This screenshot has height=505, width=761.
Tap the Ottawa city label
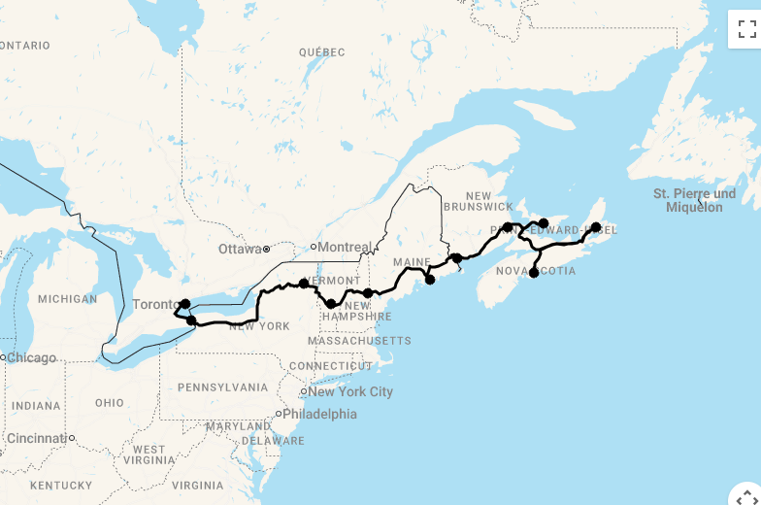pyautogui.click(x=239, y=249)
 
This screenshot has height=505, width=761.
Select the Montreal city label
pyautogui.click(x=345, y=247)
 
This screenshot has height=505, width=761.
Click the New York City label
pyautogui.click(x=350, y=391)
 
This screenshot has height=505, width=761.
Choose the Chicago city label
pyautogui.click(x=32, y=357)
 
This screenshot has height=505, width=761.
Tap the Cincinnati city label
pyautogui.click(x=37, y=438)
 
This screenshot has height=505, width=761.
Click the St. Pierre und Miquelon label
pyautogui.click(x=694, y=200)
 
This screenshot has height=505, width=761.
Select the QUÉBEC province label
pyautogui.click(x=322, y=51)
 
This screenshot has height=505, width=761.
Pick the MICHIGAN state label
pyautogui.click(x=67, y=299)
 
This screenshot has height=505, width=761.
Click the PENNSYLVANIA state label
pyautogui.click(x=222, y=387)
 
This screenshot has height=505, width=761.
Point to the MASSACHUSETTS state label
pyautogui.click(x=359, y=341)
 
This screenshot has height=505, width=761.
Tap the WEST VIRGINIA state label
pyautogui.click(x=149, y=455)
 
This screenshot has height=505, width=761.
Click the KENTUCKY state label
pyautogui.click(x=60, y=485)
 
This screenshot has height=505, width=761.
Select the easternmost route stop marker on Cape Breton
pyautogui.click(x=596, y=228)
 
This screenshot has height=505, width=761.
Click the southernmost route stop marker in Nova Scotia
pyautogui.click(x=534, y=273)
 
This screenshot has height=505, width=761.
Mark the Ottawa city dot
pyautogui.click(x=267, y=250)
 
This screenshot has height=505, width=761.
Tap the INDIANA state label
pyautogui.click(x=36, y=406)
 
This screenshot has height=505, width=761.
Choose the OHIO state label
pyautogui.click(x=110, y=402)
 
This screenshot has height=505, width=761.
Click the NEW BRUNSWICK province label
pyautogui.click(x=478, y=201)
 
